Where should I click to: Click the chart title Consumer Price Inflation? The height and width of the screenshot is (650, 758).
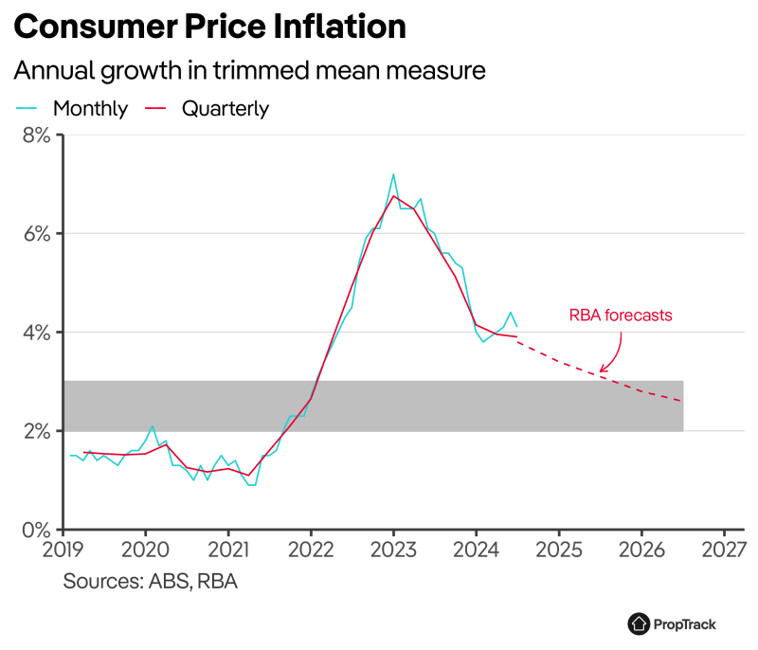(210, 27)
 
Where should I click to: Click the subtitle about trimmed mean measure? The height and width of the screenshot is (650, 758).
(249, 71)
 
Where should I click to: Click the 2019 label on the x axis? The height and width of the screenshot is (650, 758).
(63, 550)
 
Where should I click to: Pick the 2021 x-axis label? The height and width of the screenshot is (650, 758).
(228, 550)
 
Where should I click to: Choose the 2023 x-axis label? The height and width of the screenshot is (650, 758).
(393, 550)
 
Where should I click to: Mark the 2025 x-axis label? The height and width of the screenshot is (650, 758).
(559, 550)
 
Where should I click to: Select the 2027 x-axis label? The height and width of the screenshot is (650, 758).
(724, 550)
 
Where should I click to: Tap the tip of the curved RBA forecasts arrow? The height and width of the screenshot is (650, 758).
(601, 371)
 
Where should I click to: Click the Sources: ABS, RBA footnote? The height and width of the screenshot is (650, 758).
(150, 581)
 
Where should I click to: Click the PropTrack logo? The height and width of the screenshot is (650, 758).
(672, 623)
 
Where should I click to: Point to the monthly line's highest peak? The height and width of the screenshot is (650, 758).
(393, 174)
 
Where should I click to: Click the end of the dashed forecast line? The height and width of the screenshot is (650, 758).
(682, 402)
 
